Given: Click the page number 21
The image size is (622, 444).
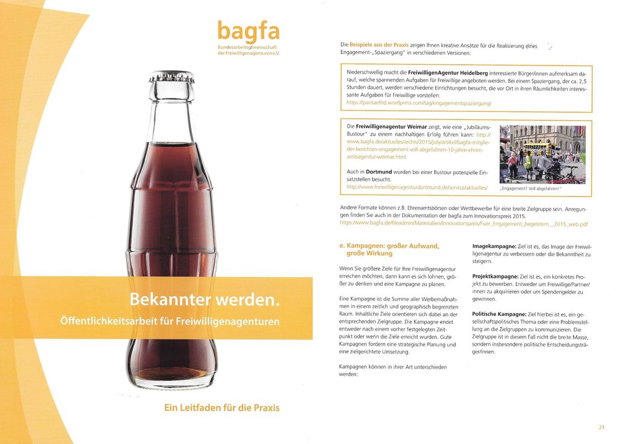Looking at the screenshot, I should pos(601,427).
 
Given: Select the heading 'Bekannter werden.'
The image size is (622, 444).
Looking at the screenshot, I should pos(203,300).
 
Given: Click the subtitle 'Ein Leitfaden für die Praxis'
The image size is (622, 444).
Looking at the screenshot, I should pos(221,408).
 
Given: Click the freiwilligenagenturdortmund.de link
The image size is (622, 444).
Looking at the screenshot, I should pos(417,187).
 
